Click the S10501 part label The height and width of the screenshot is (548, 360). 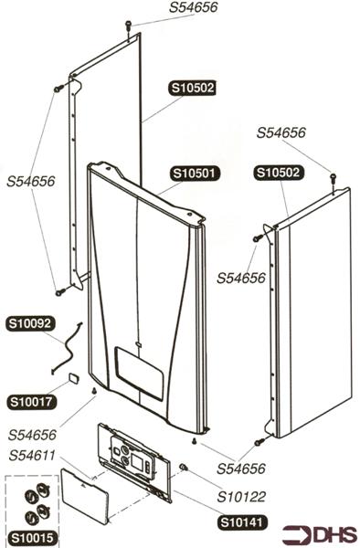click(193, 173)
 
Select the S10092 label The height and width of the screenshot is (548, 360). click(30, 322)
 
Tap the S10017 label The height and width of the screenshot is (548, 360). click(30, 400)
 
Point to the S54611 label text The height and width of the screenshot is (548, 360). click(33, 456)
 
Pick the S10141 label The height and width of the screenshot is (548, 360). click(241, 523)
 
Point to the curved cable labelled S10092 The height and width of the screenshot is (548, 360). click(67, 348)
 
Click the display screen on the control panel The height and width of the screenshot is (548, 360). click(139, 462)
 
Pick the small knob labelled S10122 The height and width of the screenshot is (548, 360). click(184, 468)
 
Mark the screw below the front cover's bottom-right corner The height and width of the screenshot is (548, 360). click(195, 441)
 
